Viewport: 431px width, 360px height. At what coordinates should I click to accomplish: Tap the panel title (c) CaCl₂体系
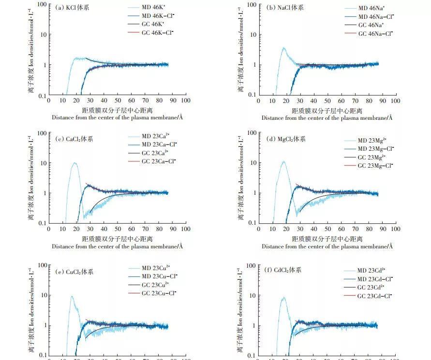tap(74, 139)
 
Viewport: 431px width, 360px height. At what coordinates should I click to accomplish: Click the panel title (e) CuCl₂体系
tap(74, 272)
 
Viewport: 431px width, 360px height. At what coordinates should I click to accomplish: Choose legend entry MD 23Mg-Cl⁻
tap(376, 148)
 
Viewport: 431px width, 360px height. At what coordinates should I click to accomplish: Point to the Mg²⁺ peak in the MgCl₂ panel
tap(283, 162)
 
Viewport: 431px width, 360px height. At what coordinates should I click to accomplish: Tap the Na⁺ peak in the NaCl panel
tap(284, 48)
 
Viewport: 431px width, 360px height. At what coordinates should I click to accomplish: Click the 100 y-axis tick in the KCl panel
tap(42, 5)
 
